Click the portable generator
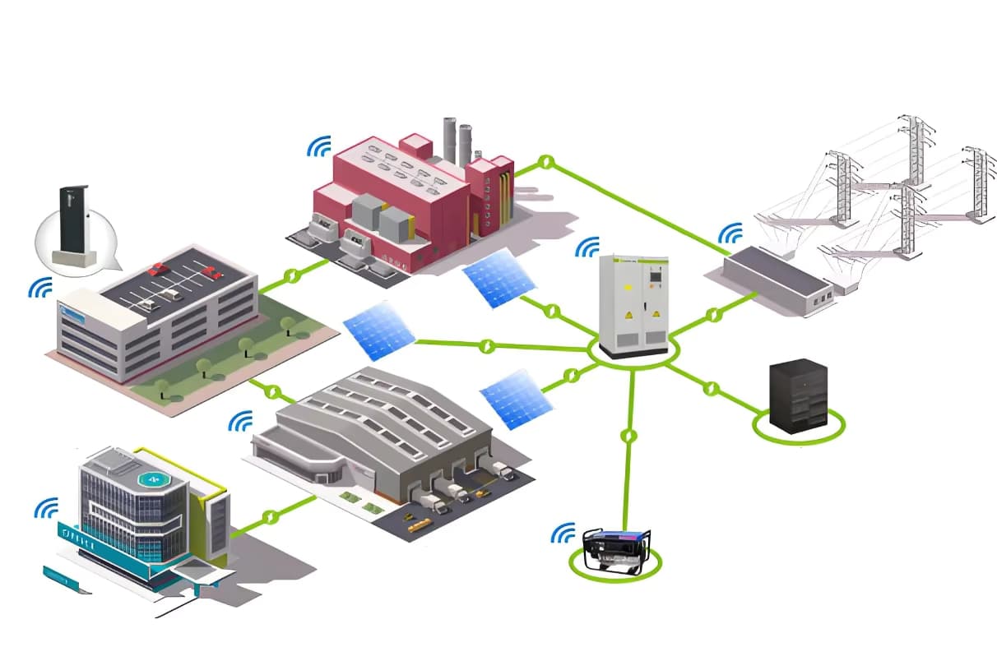tap(617, 548)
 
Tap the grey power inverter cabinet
tap(633, 303)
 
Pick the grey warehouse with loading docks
tap(387, 436)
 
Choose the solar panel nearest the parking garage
tap(378, 330)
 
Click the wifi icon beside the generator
tap(563, 534)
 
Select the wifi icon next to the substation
tap(730, 235)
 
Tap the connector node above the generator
tap(629, 435)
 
